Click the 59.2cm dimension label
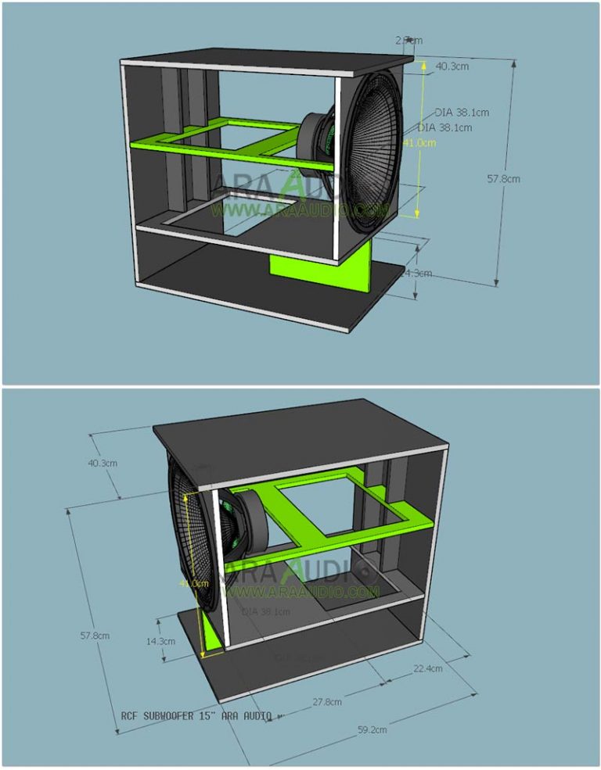coord(372,730)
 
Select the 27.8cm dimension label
coord(326,701)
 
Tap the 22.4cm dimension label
coord(427,668)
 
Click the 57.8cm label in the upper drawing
coord(503,178)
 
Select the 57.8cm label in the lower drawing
coord(95,635)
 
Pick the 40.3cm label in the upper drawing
coord(452,66)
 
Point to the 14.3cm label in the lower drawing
coord(160,641)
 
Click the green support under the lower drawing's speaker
coord(210,633)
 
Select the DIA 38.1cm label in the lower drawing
coord(266,611)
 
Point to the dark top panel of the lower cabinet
coord(297,438)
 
